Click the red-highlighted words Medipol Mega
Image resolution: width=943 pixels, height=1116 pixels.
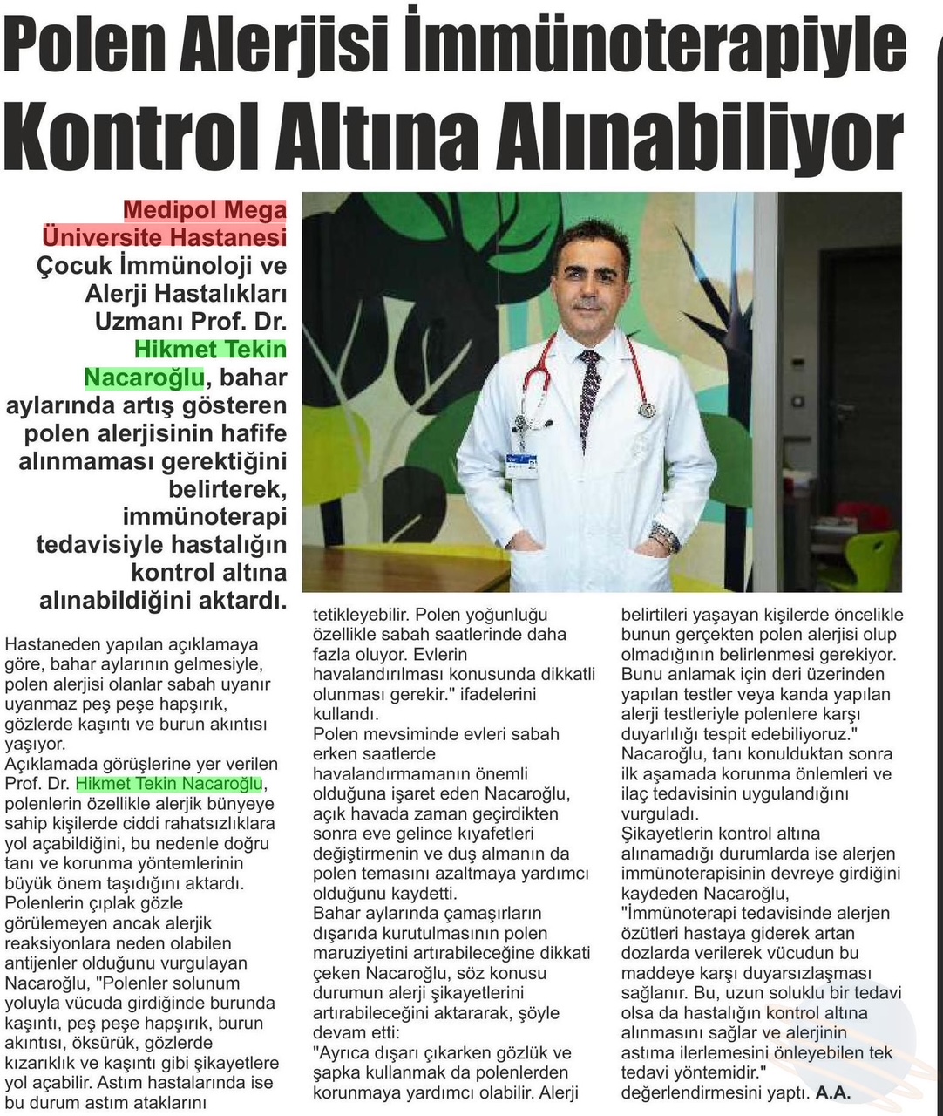coord(205,210)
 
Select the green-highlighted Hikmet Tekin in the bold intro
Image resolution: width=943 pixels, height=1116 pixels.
coord(210,350)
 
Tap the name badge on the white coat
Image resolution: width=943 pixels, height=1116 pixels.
coord(521,462)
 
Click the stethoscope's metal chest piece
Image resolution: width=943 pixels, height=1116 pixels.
coord(646,409)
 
